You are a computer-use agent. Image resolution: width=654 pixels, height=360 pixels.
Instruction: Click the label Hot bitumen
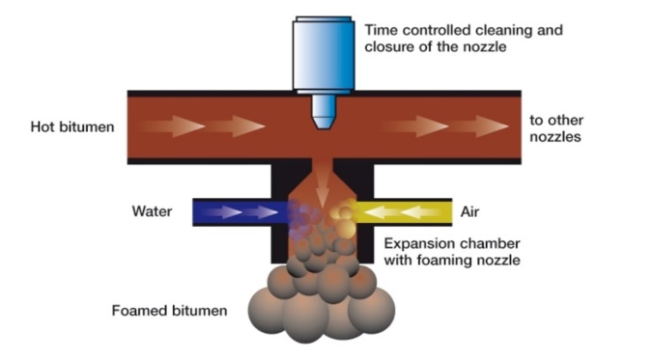(72, 127)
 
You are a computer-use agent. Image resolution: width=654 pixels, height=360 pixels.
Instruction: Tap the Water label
(152, 211)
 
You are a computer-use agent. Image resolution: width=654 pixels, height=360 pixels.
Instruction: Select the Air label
(470, 211)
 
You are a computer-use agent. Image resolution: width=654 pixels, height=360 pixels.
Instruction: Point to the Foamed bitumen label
(169, 311)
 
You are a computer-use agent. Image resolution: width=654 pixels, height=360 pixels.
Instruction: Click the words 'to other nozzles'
(555, 128)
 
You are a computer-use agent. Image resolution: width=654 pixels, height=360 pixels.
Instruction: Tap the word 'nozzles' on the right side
(555, 136)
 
